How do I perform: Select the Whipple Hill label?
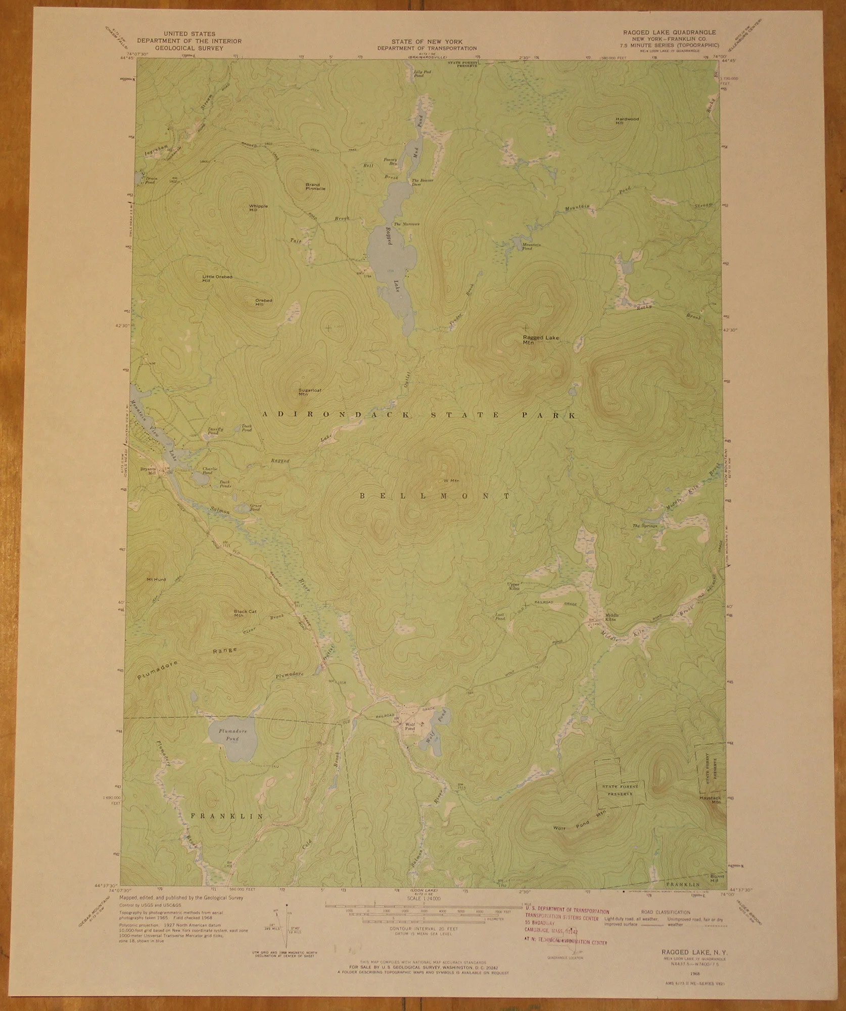pos(258,208)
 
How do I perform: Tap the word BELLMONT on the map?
pos(434,496)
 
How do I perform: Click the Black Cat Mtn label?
pos(245,614)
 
